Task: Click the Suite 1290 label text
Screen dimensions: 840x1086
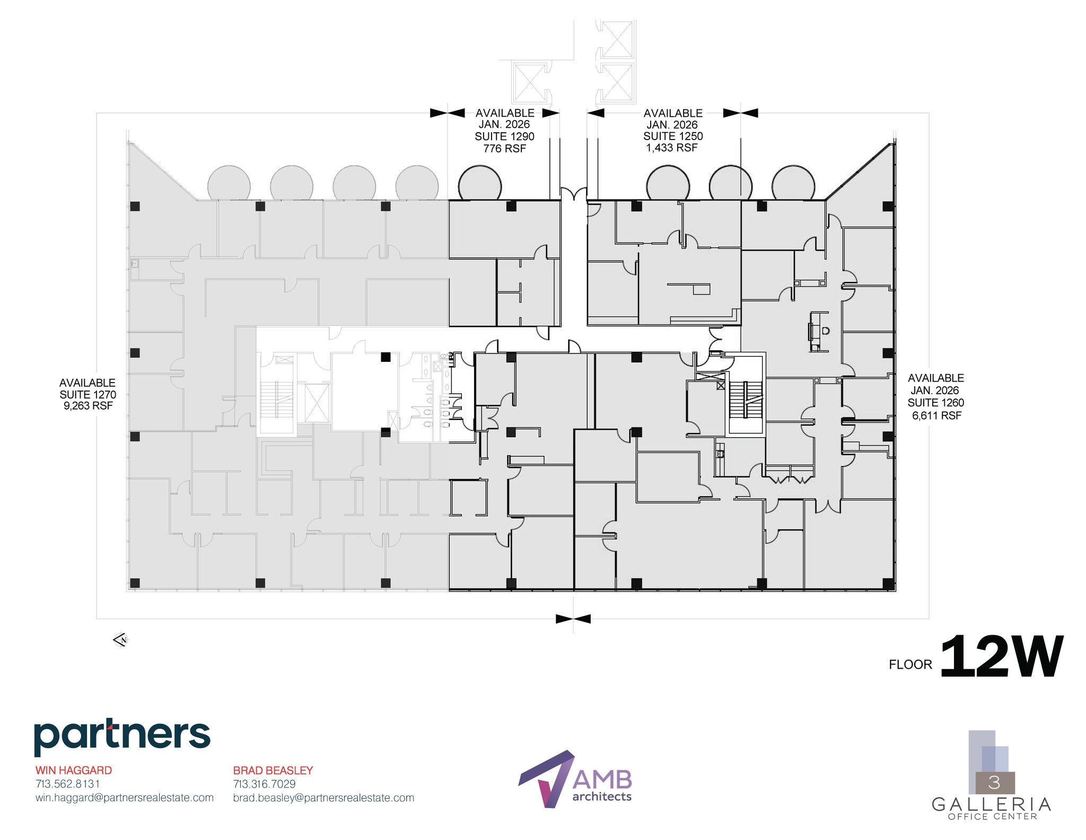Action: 504,136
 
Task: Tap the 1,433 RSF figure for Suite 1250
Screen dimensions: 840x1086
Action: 672,148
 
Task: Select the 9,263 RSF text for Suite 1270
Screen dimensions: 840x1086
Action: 88,406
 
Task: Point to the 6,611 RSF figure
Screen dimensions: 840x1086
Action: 936,415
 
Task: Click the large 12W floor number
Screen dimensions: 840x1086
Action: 1002,657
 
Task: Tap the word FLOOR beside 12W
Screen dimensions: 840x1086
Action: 910,664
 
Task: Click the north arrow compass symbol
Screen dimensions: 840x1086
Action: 121,640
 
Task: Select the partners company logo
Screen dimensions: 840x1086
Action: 122,737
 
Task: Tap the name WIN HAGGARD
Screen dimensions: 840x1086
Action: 74,770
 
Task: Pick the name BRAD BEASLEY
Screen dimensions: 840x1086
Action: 273,770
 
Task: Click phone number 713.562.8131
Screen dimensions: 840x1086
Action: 67,784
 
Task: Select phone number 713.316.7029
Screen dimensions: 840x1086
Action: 264,784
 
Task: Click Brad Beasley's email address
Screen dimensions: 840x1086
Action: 323,798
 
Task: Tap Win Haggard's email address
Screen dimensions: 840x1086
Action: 125,798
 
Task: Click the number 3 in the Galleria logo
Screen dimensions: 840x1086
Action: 994,783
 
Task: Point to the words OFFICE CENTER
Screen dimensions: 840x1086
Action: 992,817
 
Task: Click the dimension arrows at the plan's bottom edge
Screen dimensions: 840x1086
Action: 573,619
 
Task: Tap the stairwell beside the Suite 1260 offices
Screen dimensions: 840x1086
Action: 745,401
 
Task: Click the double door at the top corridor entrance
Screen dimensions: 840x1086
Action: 574,193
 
